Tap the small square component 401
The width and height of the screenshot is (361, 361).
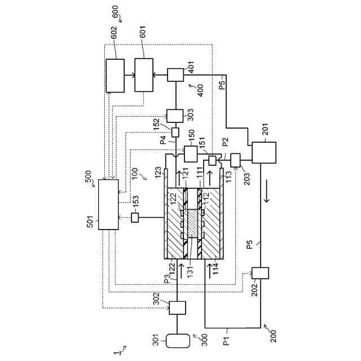coord(175,75)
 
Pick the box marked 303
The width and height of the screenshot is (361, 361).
coord(175,115)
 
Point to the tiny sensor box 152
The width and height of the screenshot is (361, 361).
coord(174,132)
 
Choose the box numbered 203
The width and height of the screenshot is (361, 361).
coord(235,160)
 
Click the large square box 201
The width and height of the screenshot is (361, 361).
coord(263,152)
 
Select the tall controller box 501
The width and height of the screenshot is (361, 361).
coord(108,204)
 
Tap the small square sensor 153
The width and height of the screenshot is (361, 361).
coord(135,217)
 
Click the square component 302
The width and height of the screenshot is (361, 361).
coord(177,308)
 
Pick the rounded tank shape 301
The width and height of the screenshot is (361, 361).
coord(177,341)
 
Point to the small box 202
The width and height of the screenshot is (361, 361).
coord(261,273)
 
